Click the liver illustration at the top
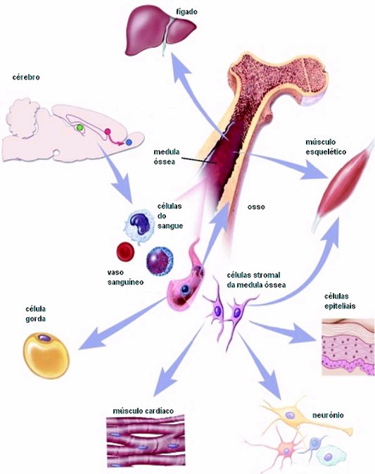(160, 32)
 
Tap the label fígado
(187, 12)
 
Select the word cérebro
(26, 77)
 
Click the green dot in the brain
(80, 127)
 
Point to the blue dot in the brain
(129, 142)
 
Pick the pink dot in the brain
(108, 132)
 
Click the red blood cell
(126, 251)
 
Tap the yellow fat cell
(46, 355)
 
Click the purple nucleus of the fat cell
(45, 337)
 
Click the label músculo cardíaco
(143, 411)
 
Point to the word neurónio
(328, 415)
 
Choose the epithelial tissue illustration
(348, 347)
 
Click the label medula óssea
(166, 156)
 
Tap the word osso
(256, 207)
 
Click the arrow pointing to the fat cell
(121, 324)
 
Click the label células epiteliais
(340, 301)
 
